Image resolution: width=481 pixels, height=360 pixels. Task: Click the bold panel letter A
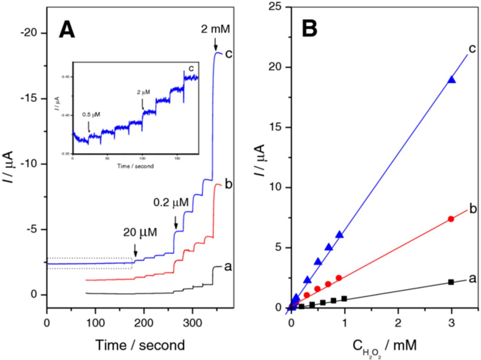(67, 30)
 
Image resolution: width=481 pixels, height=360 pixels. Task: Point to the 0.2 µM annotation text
(171, 203)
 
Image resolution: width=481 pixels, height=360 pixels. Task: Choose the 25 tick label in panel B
(275, 7)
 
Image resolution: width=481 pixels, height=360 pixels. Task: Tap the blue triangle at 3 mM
(451, 79)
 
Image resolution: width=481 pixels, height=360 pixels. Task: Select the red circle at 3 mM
(451, 219)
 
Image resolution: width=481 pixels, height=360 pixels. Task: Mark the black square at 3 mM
(451, 282)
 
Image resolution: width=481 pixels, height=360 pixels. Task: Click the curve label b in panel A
(228, 184)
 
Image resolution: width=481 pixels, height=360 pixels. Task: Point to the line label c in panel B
(473, 49)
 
